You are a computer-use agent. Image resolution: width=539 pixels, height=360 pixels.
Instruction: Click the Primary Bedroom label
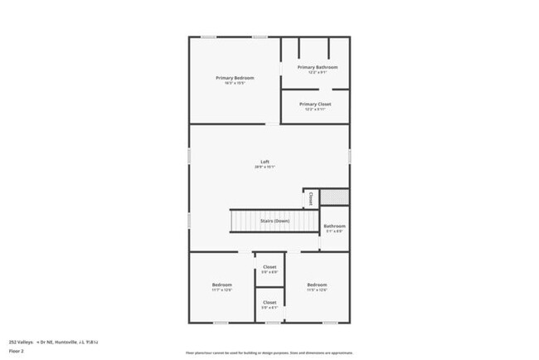[x=235, y=78]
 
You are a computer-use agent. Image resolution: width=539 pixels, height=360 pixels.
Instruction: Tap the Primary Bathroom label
[x=318, y=66]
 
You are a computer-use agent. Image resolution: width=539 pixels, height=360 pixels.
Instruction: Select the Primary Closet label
[x=315, y=105]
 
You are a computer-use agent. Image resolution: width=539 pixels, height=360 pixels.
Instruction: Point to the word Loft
[x=265, y=162]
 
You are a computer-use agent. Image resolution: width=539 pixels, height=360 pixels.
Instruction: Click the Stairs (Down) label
[x=274, y=221]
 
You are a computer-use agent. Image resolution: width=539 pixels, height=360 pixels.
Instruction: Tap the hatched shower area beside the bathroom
[x=335, y=197]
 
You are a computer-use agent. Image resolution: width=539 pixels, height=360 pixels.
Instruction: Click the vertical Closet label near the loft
[x=311, y=198]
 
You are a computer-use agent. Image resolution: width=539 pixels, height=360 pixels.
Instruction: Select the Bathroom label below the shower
[x=334, y=226]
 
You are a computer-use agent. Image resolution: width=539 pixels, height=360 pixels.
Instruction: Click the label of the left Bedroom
[x=221, y=285]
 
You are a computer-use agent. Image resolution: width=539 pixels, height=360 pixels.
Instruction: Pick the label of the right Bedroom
[x=317, y=285]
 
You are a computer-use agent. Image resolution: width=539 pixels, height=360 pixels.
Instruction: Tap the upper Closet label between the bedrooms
[x=269, y=267]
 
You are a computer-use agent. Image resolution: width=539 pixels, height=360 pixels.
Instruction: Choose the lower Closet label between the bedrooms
[x=269, y=303]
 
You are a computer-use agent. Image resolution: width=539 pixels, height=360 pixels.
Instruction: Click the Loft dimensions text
[x=265, y=167]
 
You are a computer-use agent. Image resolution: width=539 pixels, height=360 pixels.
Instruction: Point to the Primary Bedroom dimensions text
[x=235, y=83]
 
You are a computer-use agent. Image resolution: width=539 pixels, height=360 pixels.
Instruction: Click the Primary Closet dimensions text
[x=315, y=109]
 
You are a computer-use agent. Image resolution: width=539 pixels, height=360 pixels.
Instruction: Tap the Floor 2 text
[x=17, y=351]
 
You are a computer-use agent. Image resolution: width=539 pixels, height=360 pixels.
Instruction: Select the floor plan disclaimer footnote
[x=269, y=353]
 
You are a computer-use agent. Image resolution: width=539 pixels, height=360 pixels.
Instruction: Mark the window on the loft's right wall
[x=350, y=156]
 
